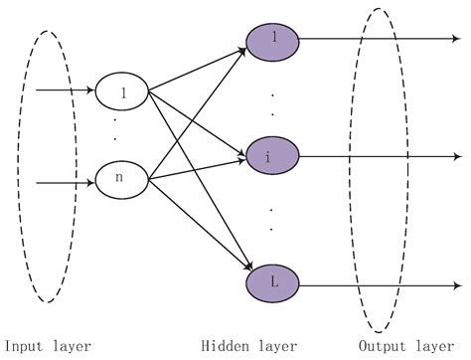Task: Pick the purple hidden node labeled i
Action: click(268, 157)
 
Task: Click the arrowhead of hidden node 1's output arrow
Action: click(458, 41)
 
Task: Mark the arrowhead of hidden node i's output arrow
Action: click(458, 156)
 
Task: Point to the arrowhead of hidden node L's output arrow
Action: click(458, 287)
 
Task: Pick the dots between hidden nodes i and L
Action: click(270, 219)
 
